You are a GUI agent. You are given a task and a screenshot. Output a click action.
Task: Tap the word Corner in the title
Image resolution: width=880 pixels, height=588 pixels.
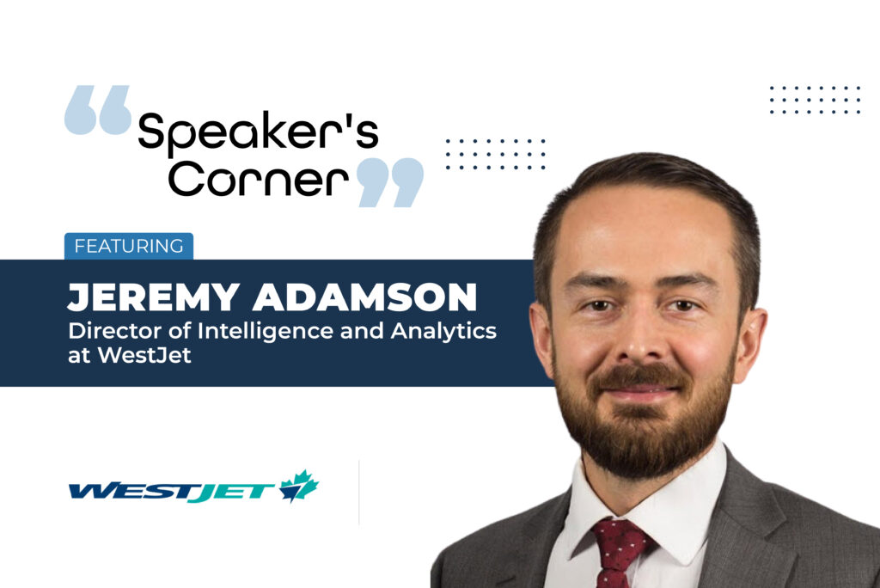pyautogui.click(x=258, y=179)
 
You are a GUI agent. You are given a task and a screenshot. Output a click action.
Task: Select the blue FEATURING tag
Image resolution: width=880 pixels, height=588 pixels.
pyautogui.click(x=129, y=246)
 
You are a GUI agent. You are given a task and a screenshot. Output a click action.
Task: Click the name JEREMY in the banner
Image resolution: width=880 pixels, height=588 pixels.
pyautogui.click(x=154, y=297)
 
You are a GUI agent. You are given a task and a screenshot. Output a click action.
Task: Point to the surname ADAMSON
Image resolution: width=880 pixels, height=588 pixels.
pyautogui.click(x=364, y=297)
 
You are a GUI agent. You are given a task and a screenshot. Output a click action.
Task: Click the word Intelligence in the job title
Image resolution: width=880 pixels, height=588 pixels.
pyautogui.click(x=266, y=332)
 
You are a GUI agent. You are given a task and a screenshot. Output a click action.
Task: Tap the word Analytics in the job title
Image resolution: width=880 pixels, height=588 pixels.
pyautogui.click(x=444, y=332)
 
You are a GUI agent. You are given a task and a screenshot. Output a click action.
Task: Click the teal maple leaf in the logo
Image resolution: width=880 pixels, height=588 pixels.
pyautogui.click(x=299, y=486)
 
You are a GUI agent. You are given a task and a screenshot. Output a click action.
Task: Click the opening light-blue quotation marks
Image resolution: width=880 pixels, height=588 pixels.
pyautogui.click(x=98, y=110)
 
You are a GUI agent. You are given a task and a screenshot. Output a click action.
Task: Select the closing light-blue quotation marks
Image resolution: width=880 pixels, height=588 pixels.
pyautogui.click(x=390, y=182)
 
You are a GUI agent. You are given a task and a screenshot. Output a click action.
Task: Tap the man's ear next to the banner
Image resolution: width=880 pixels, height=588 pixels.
pyautogui.click(x=542, y=343)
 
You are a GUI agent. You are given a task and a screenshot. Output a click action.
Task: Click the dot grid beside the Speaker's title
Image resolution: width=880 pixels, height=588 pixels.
pyautogui.click(x=496, y=154)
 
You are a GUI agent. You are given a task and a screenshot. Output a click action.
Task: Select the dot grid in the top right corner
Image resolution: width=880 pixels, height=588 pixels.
pyautogui.click(x=815, y=100)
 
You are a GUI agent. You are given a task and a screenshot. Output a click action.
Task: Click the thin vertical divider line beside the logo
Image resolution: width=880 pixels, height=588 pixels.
pyautogui.click(x=358, y=493)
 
